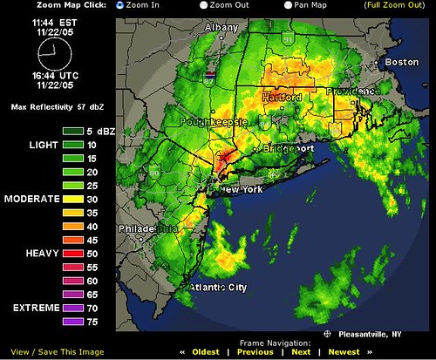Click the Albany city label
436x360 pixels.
tap(221, 28)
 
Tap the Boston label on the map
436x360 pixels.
tap(403, 63)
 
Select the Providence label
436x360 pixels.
tap(352, 92)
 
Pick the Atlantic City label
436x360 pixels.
tap(219, 287)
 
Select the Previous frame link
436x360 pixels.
tap(255, 352)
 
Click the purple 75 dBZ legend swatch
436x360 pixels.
tap(72, 323)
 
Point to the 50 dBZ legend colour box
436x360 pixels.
tap(72, 252)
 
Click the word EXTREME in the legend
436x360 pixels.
tap(31, 309)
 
